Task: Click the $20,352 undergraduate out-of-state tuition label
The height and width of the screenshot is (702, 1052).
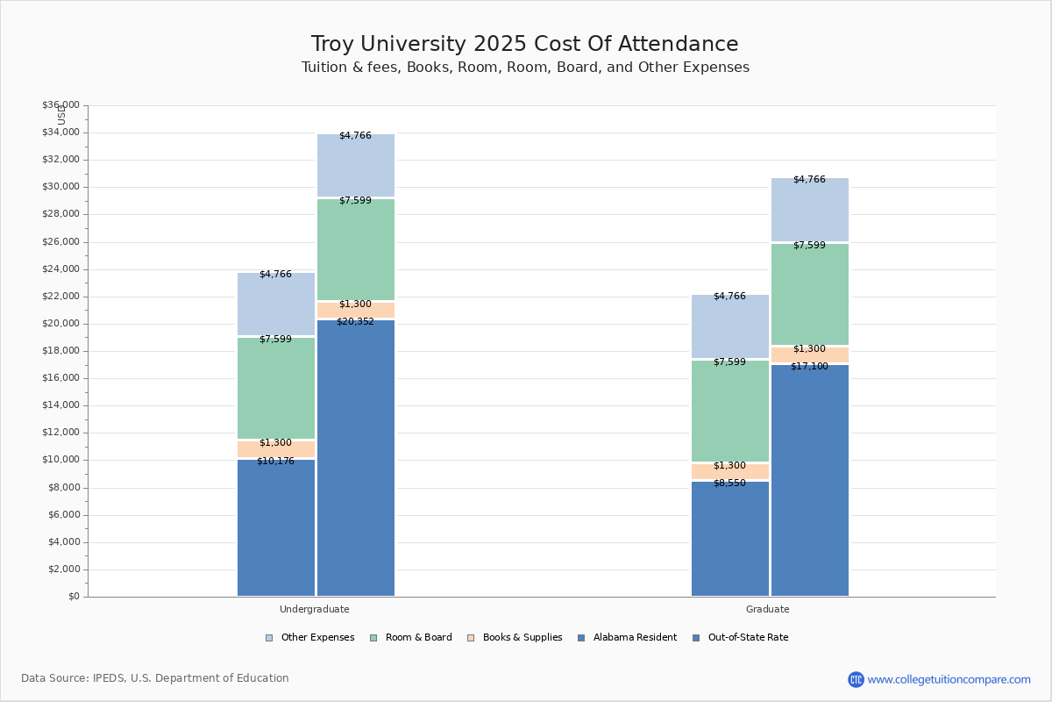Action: click(355, 322)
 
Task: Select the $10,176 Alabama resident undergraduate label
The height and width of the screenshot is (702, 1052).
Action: click(275, 462)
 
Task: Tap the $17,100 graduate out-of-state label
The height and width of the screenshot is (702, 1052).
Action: click(809, 367)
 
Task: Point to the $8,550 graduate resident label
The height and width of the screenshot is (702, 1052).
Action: click(729, 484)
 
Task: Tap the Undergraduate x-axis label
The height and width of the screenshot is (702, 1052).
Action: click(315, 609)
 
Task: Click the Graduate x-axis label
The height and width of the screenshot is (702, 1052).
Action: click(768, 609)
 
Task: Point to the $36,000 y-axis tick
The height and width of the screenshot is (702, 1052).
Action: click(60, 105)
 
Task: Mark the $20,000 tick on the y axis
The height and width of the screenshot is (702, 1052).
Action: click(60, 324)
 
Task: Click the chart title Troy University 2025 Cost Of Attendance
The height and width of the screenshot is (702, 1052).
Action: click(524, 44)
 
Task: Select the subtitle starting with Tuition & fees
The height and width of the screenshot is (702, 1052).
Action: click(525, 68)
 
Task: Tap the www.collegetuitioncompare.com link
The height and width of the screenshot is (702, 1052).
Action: click(949, 679)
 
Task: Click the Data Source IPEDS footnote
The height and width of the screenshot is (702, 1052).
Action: click(155, 678)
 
